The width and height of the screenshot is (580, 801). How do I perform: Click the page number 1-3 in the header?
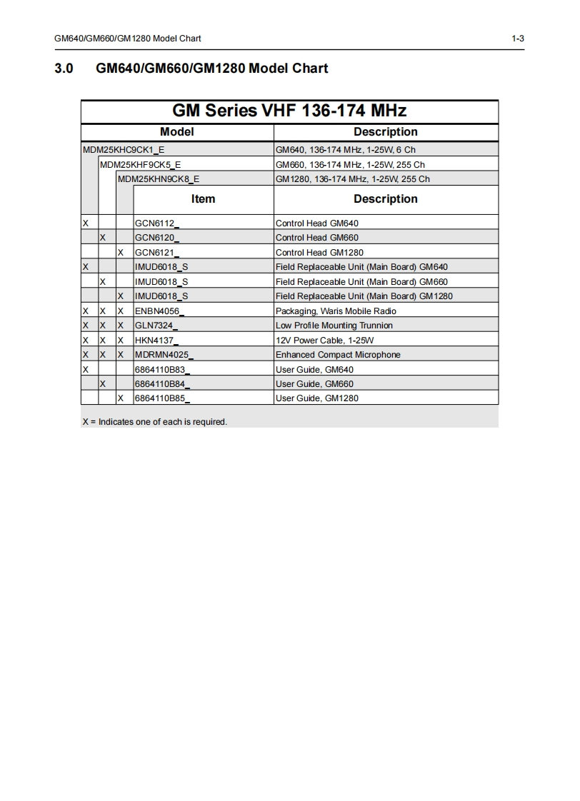[x=518, y=39]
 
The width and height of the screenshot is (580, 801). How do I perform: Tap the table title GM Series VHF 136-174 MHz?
[x=289, y=111]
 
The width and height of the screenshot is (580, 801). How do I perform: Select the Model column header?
[x=177, y=132]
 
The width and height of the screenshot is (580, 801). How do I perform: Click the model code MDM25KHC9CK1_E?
[x=124, y=150]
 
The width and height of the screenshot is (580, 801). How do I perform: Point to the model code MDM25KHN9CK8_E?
[x=159, y=179]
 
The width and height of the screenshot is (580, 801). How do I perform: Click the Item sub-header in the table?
[x=203, y=199]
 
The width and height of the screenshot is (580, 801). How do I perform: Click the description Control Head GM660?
[x=317, y=238]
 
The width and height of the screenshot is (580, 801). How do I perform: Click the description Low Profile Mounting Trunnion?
[x=334, y=326]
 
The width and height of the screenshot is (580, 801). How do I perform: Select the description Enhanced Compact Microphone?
[x=338, y=355]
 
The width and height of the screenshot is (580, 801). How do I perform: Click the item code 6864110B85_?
[x=162, y=398]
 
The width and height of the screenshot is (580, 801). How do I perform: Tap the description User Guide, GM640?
[x=314, y=370]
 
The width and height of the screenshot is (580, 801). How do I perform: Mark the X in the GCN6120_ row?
[x=103, y=238]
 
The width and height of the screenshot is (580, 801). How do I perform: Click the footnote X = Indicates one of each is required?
[x=154, y=422]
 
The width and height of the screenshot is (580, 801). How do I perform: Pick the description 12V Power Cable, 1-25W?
[x=324, y=341]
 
